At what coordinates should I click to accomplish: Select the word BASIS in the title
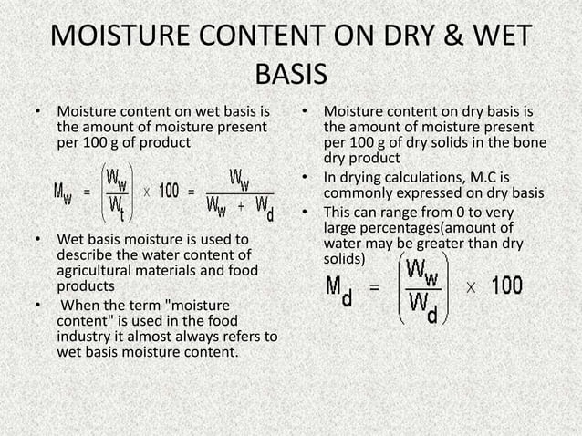point(291,73)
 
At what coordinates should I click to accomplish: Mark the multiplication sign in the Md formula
point(470,285)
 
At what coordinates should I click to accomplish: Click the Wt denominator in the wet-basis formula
point(115,209)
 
